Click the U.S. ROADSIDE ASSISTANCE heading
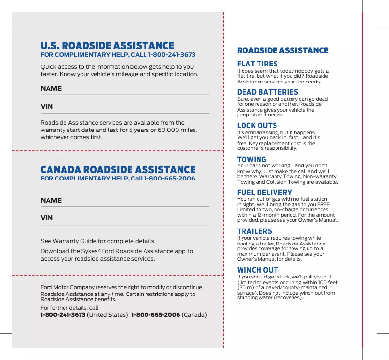pyautogui.click(x=107, y=46)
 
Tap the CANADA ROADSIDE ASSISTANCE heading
pyautogui.click(x=118, y=170)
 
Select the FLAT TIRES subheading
pyautogui.click(x=257, y=64)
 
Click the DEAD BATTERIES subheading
pyautogui.click(x=267, y=92)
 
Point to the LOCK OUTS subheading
pyautogui.click(x=257, y=126)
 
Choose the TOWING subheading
pyautogui.click(x=251, y=160)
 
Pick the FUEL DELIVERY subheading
pyautogui.click(x=264, y=193)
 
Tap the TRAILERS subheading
pyautogui.click(x=254, y=231)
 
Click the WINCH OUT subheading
pyautogui.click(x=257, y=270)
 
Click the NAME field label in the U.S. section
pyautogui.click(x=51, y=89)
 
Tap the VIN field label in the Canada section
pyautogui.click(x=47, y=218)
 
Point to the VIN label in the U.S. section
pyautogui.click(x=47, y=106)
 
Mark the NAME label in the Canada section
pyautogui.click(x=51, y=200)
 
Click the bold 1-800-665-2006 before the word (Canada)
pyautogui.click(x=156, y=315)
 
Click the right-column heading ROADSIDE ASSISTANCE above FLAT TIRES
pyautogui.click(x=283, y=50)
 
